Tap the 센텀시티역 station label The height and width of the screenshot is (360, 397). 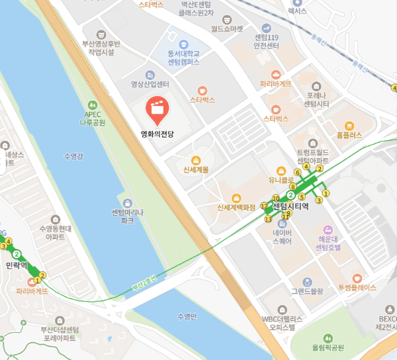(291, 206)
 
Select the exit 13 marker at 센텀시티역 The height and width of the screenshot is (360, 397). (268, 219)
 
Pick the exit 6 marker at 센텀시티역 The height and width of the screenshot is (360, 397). (298, 173)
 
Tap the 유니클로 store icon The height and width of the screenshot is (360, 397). (281, 170)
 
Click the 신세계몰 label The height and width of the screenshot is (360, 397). (196, 169)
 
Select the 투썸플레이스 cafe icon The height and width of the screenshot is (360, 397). (357, 279)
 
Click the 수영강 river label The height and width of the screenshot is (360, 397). (72, 156)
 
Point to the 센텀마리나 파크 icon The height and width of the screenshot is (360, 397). (128, 202)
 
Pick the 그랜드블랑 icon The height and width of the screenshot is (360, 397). (307, 282)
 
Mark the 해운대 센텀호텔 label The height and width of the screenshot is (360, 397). (328, 243)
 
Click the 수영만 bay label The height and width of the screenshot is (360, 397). (188, 316)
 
